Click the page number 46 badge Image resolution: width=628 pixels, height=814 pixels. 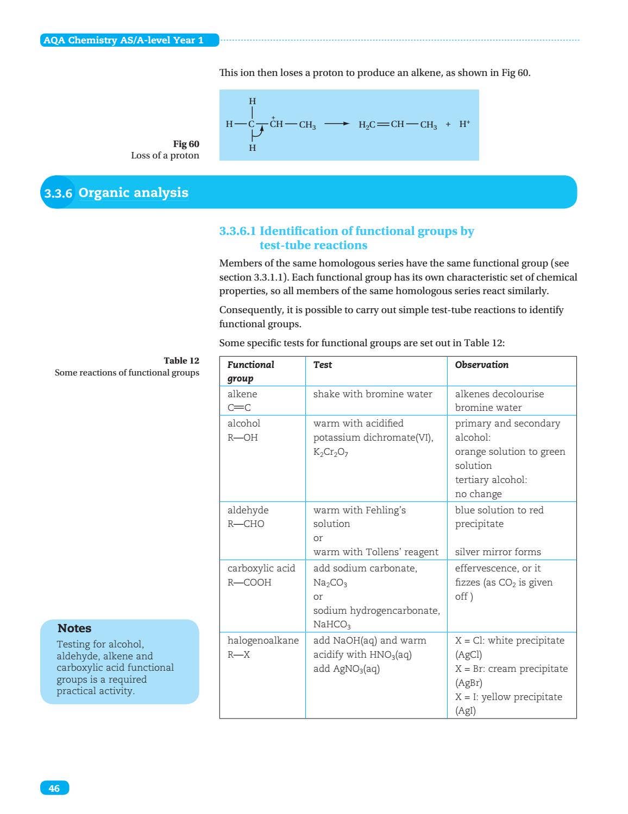54,788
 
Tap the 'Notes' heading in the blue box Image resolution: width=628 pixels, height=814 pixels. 74,628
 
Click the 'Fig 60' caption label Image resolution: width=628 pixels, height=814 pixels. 186,144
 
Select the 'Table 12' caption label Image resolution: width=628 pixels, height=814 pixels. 181,360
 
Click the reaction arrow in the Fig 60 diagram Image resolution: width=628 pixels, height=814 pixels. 337,124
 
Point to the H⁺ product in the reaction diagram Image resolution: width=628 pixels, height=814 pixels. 464,124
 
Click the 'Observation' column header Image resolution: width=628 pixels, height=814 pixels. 481,365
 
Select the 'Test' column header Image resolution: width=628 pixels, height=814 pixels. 323,365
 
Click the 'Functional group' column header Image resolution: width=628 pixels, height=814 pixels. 250,371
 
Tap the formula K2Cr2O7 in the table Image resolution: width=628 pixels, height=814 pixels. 330,452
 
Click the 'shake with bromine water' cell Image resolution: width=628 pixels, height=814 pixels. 373,394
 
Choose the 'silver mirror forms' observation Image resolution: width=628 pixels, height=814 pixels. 498,552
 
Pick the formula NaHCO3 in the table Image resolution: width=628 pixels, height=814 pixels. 332,625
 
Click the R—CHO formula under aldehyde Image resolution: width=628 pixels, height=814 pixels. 246,524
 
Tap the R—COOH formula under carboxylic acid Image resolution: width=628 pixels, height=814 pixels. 249,582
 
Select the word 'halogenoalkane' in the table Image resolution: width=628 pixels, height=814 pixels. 263,640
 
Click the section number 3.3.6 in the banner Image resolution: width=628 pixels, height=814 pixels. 58,193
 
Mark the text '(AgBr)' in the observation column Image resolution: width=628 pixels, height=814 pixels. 468,683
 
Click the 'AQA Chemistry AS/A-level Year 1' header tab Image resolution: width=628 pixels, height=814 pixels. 123,40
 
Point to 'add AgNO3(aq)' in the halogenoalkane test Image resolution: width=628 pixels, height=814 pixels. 346,669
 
